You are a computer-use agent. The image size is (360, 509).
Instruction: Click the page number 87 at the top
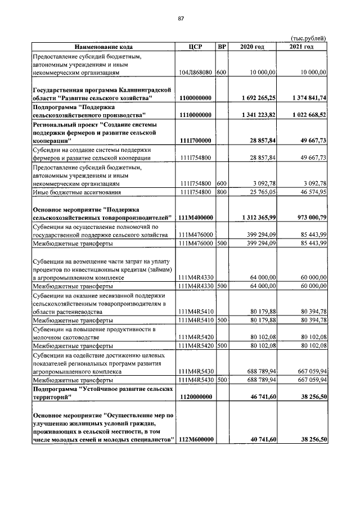click(x=181, y=19)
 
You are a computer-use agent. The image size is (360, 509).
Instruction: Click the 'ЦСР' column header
click(x=195, y=46)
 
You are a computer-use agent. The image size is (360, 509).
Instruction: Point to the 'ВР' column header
click(x=222, y=46)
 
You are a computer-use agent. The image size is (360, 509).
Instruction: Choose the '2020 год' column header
click(x=252, y=46)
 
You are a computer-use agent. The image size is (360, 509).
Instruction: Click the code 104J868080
click(x=195, y=73)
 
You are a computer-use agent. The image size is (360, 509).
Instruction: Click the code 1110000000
click(x=195, y=115)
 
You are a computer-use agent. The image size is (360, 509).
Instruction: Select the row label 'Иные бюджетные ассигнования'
click(x=71, y=192)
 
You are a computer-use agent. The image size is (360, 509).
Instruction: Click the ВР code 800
click(x=222, y=192)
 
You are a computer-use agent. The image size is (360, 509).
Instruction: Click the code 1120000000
click(x=195, y=397)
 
